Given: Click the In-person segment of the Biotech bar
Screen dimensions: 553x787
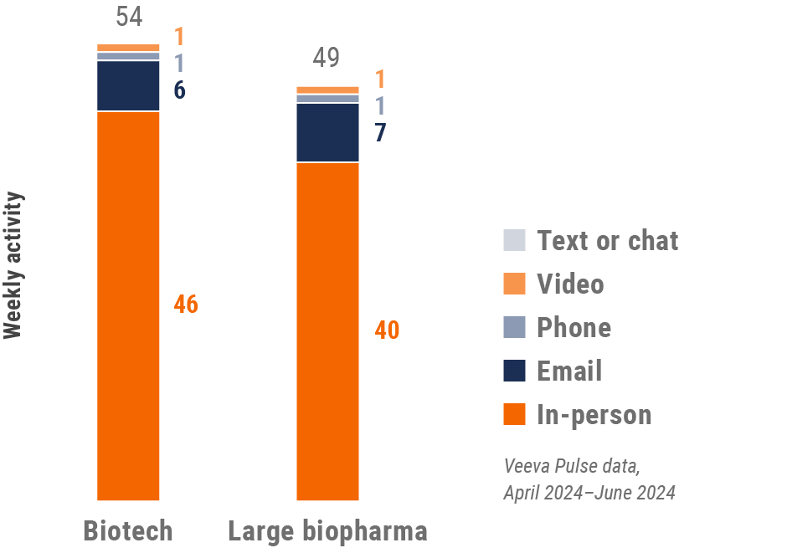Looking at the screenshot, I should click(128, 305).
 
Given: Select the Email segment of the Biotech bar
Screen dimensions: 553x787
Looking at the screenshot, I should click(128, 85).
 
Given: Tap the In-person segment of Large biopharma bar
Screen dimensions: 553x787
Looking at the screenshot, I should click(328, 330).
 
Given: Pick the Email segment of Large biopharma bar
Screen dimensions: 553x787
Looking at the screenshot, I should click(328, 132).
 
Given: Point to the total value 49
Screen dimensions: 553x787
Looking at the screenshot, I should click(327, 59).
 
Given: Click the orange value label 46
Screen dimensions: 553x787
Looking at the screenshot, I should click(186, 305).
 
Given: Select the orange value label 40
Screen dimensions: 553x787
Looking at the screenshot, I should click(387, 330).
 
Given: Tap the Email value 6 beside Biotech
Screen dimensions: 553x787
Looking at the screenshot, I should click(179, 90).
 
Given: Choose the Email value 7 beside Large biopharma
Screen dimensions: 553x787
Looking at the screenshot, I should click(380, 133).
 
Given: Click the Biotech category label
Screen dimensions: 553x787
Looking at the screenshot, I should click(128, 530).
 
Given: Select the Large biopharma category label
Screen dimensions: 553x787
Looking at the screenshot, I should click(328, 530).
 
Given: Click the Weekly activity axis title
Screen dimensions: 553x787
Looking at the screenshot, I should click(13, 265).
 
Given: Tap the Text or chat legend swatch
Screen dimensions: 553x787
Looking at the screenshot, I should click(515, 240).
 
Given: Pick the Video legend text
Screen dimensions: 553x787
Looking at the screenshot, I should click(570, 284).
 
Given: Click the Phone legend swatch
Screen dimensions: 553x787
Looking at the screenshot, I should click(515, 327).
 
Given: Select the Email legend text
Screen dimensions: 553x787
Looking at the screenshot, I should click(569, 371).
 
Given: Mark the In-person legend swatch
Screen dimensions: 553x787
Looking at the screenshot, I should click(515, 414).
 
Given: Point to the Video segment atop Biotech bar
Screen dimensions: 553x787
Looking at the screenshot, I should click(128, 48).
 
